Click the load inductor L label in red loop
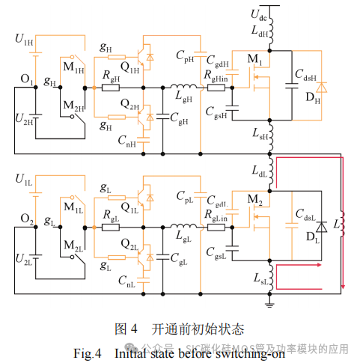[337, 225]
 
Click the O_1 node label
[26, 80]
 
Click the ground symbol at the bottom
[270, 301]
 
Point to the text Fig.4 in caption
[87, 353]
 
